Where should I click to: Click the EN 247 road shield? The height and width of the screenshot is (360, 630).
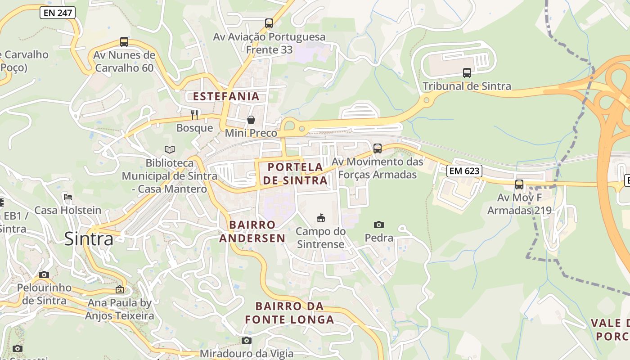pyautogui.click(x=58, y=13)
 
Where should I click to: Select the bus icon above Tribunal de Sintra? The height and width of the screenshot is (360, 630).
pyautogui.click(x=467, y=73)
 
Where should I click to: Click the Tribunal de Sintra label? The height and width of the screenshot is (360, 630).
pyautogui.click(x=467, y=86)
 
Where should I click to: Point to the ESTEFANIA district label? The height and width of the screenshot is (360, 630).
pyautogui.click(x=226, y=96)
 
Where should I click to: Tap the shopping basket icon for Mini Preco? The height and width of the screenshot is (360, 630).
pyautogui.click(x=251, y=120)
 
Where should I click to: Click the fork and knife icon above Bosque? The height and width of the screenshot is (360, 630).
pyautogui.click(x=194, y=114)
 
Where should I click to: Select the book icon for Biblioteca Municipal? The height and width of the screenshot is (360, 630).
pyautogui.click(x=170, y=149)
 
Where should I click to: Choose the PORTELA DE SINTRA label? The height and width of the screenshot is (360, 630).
pyautogui.click(x=295, y=174)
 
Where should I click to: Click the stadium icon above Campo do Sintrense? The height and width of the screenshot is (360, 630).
pyautogui.click(x=321, y=218)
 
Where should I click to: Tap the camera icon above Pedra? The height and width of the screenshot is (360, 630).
pyautogui.click(x=379, y=225)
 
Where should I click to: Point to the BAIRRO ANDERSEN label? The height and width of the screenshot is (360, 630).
pyautogui.click(x=252, y=231)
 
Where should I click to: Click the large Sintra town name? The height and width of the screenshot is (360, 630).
pyautogui.click(x=89, y=239)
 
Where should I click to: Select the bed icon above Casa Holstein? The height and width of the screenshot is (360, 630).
pyautogui.click(x=68, y=197)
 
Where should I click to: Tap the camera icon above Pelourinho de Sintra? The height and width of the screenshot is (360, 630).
pyautogui.click(x=44, y=274)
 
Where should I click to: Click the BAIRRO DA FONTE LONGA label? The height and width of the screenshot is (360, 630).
pyautogui.click(x=290, y=313)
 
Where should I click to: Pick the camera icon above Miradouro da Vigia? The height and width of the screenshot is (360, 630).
pyautogui.click(x=246, y=341)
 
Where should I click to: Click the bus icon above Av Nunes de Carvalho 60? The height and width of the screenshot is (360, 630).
pyautogui.click(x=124, y=42)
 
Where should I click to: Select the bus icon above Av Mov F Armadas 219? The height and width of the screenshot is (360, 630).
pyautogui.click(x=519, y=184)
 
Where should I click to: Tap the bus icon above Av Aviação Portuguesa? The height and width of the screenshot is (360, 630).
pyautogui.click(x=269, y=23)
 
